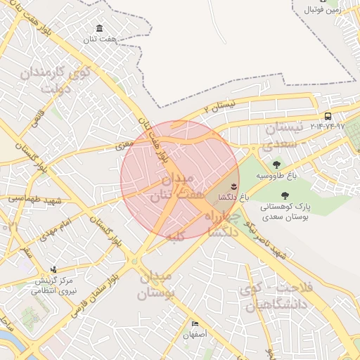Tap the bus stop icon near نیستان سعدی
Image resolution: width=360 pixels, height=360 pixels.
coord(328,116)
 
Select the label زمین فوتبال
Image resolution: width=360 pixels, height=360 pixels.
coord(323,10)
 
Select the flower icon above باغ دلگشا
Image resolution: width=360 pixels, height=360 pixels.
coord(233,186)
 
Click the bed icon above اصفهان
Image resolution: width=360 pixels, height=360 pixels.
coord(195,323)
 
